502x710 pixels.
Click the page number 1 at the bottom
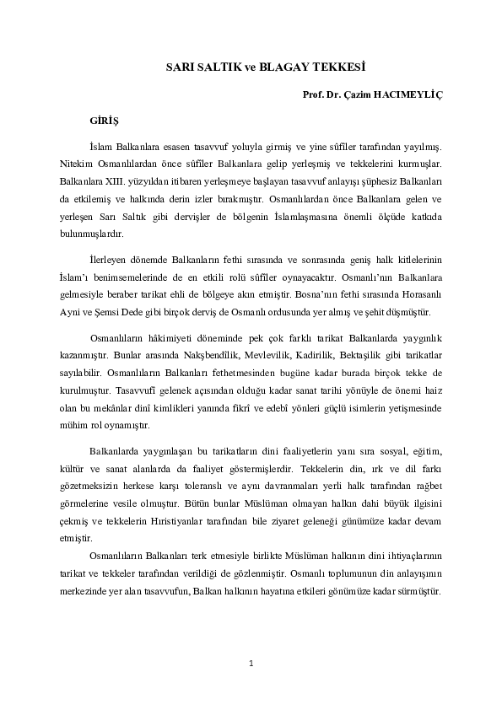[x=251, y=664]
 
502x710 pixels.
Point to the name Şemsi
[x=117, y=314]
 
